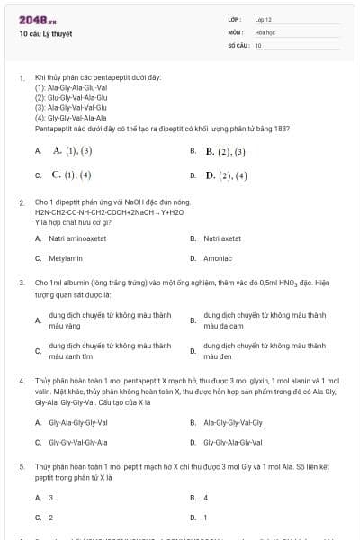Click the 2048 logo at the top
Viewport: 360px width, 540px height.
34,19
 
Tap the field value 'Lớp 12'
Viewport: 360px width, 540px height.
263,18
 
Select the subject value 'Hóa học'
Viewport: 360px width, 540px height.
265,31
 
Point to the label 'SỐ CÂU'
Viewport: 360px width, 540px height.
237,44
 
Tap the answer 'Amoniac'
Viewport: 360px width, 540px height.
218,257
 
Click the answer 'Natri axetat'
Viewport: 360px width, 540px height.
222,238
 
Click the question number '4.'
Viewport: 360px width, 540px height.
22,381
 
